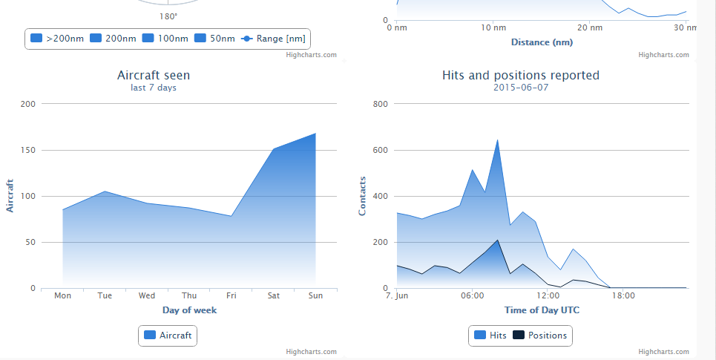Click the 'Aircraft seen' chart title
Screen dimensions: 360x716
[154, 75]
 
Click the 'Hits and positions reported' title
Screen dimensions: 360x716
[520, 75]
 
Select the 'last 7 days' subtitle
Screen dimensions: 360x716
[154, 88]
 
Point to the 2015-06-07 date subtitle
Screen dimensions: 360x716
[520, 88]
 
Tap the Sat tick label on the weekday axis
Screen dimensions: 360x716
[274, 295]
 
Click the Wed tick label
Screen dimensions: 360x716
[147, 295]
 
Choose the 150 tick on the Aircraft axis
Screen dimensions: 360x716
[27, 150]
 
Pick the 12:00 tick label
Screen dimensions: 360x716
[548, 295]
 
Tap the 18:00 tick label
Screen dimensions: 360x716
[623, 295]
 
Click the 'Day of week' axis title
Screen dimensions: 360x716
[189, 310]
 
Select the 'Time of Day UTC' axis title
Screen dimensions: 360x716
[542, 310]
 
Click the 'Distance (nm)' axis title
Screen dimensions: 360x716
[542, 42]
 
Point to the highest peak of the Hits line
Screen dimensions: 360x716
[497, 139]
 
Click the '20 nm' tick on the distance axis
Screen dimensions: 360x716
[588, 27]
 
